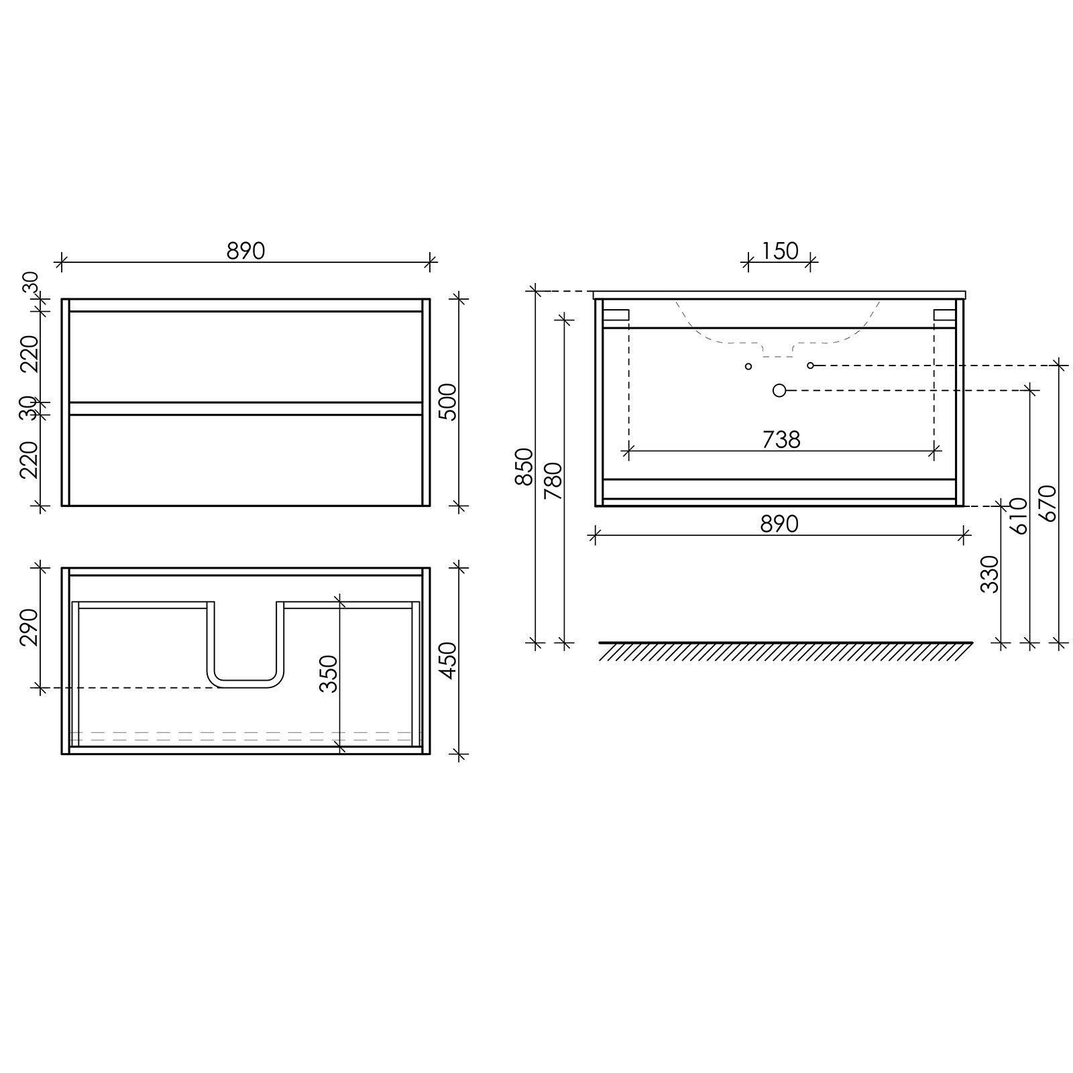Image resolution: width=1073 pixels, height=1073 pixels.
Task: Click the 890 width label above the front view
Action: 246,250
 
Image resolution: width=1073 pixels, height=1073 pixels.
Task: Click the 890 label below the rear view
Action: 779,524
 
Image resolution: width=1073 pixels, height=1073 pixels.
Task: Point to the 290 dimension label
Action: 29,628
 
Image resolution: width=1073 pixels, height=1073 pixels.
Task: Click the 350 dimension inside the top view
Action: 329,673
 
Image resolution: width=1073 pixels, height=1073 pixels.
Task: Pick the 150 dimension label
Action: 780,250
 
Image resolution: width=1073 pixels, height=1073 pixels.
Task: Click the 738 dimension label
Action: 781,439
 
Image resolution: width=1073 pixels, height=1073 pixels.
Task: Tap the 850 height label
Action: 524,466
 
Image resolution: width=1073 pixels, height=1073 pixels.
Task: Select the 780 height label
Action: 553,481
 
